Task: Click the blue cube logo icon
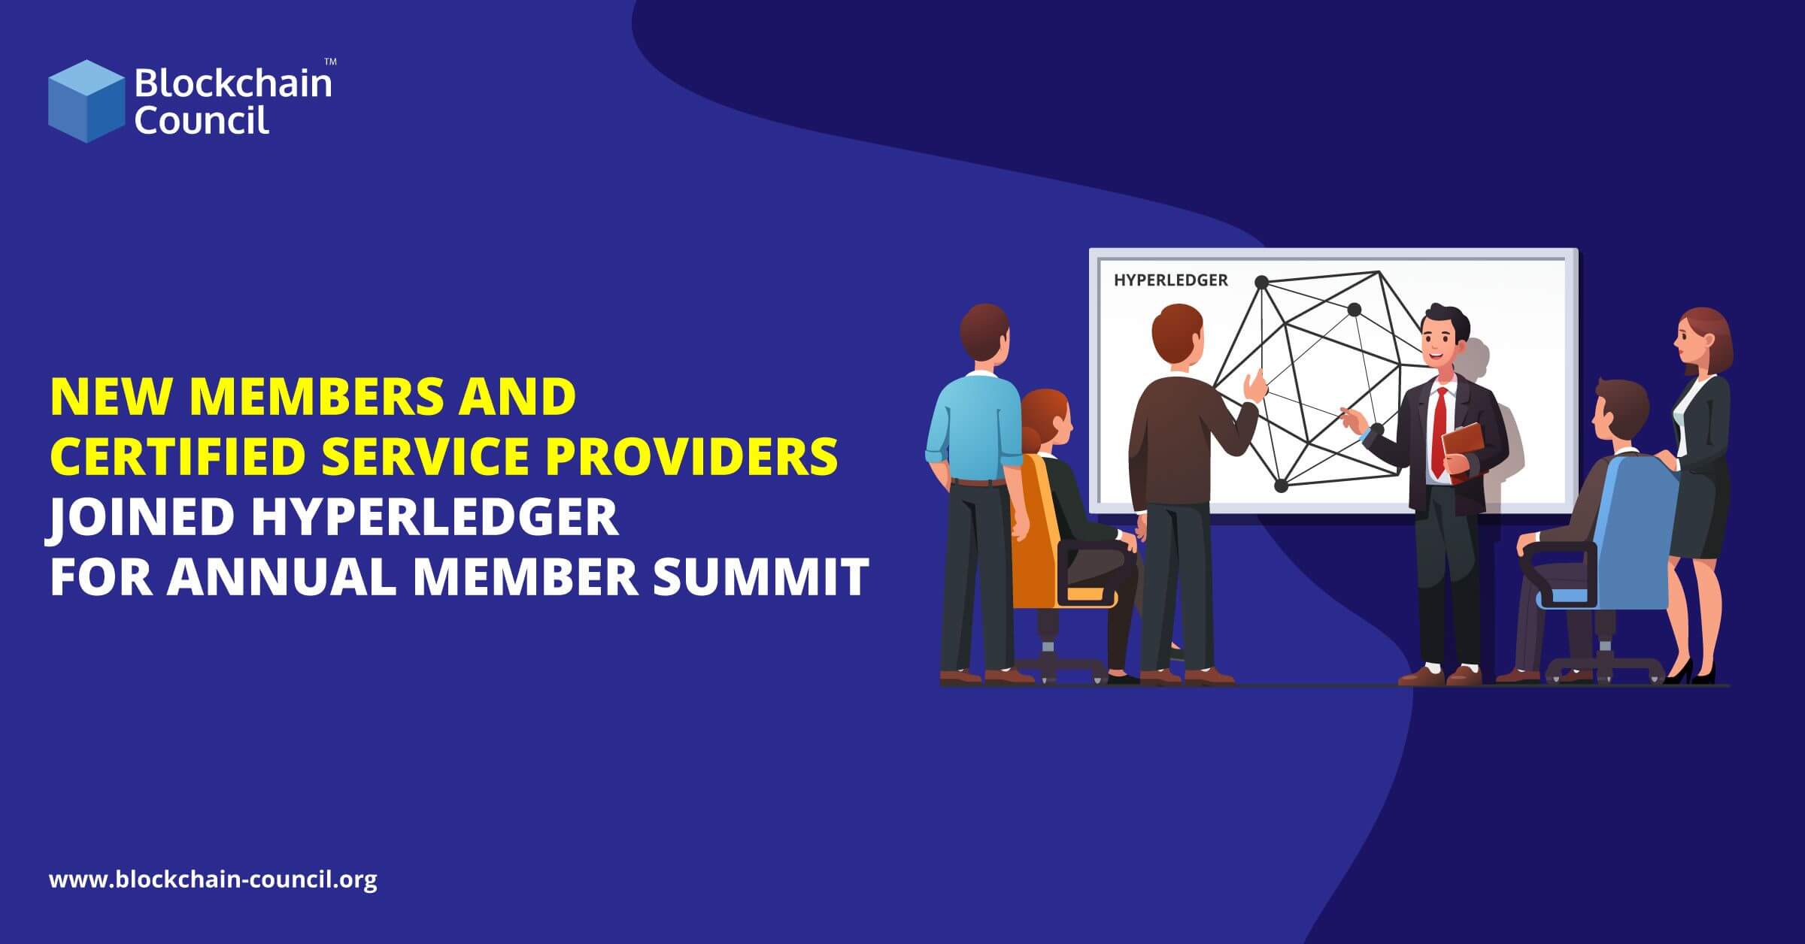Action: click(86, 101)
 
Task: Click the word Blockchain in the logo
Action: click(232, 83)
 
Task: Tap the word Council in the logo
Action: click(202, 120)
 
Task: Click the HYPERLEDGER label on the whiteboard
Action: click(1170, 280)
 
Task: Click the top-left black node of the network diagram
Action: click(1262, 283)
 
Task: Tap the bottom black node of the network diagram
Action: click(1282, 486)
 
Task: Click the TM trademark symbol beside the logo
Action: click(329, 61)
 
